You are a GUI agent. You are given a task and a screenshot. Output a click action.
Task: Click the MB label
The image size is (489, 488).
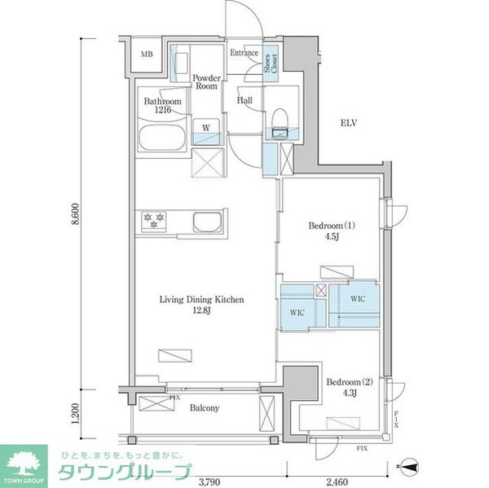pos(147,55)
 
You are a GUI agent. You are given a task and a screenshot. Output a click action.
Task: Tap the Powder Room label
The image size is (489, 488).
pos(206,82)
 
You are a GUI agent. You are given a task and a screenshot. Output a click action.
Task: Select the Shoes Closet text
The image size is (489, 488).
pos(271,64)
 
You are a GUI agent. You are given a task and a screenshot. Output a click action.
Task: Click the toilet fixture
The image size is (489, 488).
pos(280,124)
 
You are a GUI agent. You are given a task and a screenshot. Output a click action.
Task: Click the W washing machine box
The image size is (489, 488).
pos(207,132)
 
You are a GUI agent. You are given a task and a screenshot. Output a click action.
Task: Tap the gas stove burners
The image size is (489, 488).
pos(154,220)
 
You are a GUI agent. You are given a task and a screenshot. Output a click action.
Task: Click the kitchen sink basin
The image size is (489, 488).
pos(207,222)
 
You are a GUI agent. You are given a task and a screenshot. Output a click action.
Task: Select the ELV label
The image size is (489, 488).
pos(348,123)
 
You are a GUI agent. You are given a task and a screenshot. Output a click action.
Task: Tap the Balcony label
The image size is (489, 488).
pos(205,407)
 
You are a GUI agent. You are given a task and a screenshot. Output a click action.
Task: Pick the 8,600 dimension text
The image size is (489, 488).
pos(76,214)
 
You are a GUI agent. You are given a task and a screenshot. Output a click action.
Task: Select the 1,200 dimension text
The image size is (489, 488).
pos(76,414)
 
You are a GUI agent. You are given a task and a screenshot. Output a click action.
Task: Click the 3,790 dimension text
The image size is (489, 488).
pos(209,481)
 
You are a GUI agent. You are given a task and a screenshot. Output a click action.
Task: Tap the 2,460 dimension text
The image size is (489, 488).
pos(337,481)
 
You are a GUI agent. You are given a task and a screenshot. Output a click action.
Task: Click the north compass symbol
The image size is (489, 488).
pos(410,466)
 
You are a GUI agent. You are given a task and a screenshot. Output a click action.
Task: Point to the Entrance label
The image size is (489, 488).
pos(244,53)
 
